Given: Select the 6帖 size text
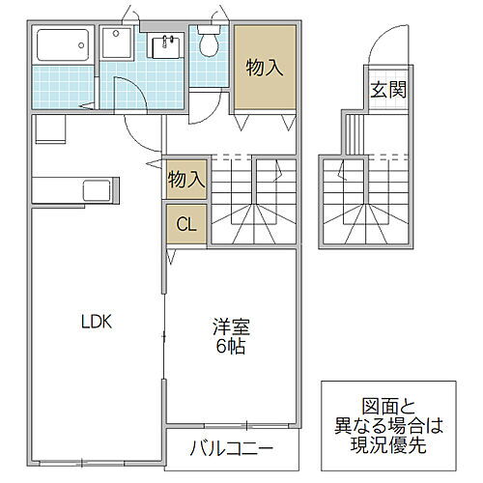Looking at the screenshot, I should click(x=230, y=346).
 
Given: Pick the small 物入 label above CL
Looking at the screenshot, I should click(x=186, y=179).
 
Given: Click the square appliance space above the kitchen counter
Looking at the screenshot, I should click(x=48, y=129).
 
